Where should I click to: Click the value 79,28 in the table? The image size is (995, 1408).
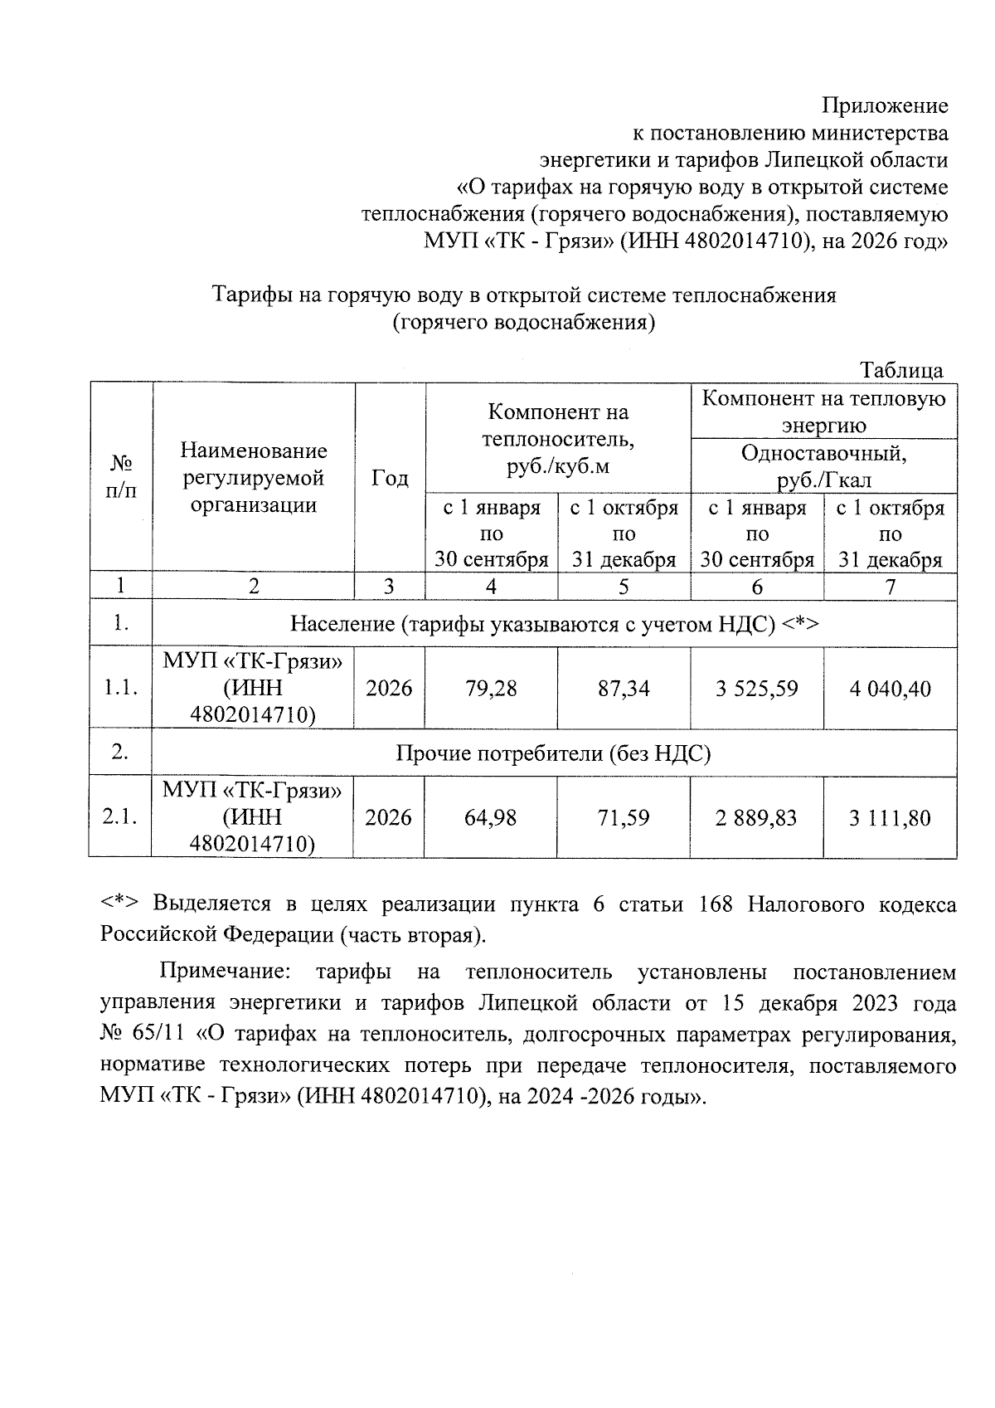[491, 688]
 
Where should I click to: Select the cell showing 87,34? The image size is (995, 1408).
[624, 688]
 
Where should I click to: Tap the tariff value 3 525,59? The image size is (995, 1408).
[757, 688]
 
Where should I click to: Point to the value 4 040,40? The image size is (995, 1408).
[890, 688]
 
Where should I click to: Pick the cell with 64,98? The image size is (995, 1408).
[491, 817]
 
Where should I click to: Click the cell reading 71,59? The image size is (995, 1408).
[624, 817]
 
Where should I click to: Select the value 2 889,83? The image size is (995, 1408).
[757, 817]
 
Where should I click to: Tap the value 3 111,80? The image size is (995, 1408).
[890, 817]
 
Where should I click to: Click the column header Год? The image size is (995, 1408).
[390, 479]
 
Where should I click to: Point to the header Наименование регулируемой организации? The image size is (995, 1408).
[254, 478]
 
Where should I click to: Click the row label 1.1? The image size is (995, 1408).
[120, 688]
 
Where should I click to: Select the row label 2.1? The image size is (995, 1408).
[120, 817]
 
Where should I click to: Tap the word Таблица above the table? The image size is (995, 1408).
[901, 370]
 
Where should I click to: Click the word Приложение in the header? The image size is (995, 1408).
[885, 105]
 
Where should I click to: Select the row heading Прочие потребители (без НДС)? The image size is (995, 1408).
[553, 753]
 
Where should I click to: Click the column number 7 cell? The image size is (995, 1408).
[890, 587]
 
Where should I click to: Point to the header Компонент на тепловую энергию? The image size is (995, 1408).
[823, 412]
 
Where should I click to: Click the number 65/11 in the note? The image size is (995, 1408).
[161, 1034]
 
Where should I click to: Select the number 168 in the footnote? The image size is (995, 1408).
[716, 904]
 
